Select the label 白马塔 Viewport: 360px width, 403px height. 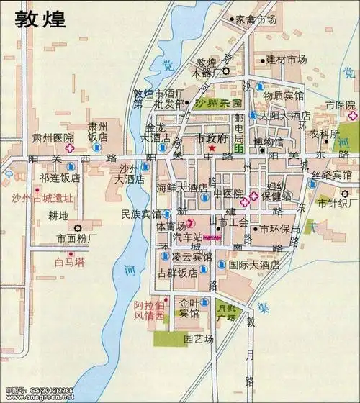[70, 262]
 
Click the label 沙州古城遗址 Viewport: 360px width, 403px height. [42, 198]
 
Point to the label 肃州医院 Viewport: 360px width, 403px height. [53, 137]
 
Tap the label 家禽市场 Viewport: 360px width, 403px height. [256, 20]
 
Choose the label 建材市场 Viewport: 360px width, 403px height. [287, 59]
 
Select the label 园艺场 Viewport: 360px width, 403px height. [198, 338]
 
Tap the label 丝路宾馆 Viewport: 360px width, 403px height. [332, 175]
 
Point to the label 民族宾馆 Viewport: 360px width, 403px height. [141, 214]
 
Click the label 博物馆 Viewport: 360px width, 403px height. [269, 142]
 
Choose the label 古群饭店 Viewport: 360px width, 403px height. [177, 273]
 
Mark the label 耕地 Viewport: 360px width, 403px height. [58, 215]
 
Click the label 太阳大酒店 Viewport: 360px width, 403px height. [285, 115]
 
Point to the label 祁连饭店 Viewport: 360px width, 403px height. [60, 177]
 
